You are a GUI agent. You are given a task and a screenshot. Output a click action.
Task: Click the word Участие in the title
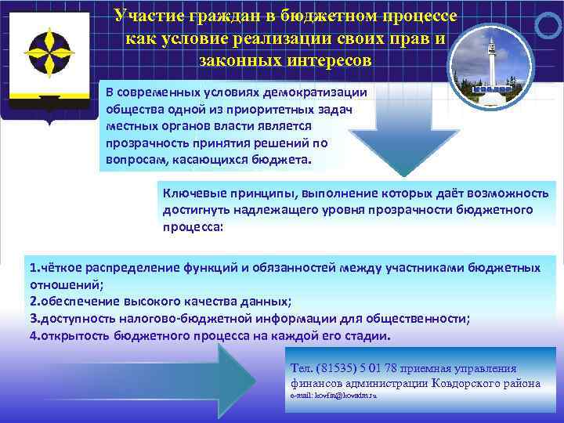coord(146,16)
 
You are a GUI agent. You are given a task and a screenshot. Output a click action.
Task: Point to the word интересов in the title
coord(330,59)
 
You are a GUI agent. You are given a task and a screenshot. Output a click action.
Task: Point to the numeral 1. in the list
coord(35,268)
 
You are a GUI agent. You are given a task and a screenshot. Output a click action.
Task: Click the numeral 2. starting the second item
coord(35,302)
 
